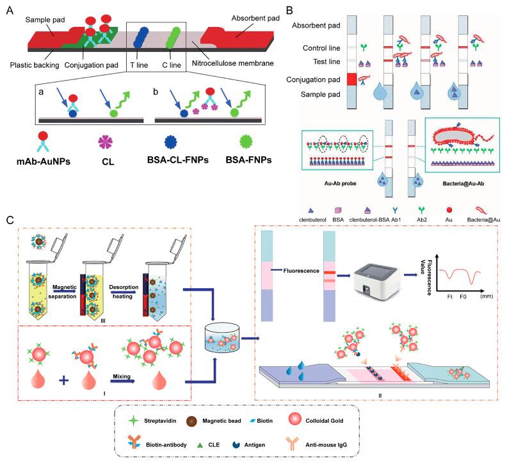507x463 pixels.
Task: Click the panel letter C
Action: pyautogui.click(x=9, y=220)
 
